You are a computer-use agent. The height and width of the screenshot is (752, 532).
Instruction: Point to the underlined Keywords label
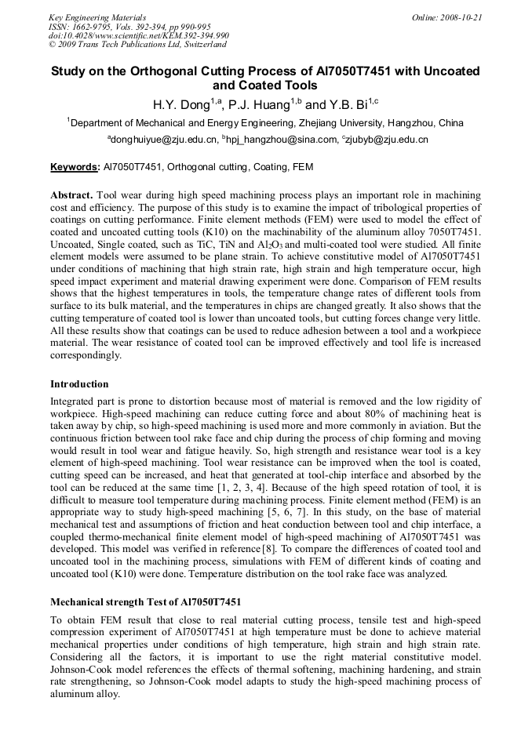(75, 167)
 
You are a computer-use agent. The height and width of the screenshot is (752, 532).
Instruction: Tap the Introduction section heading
(79, 384)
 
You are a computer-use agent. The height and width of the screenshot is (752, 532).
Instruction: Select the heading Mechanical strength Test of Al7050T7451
(145, 602)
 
